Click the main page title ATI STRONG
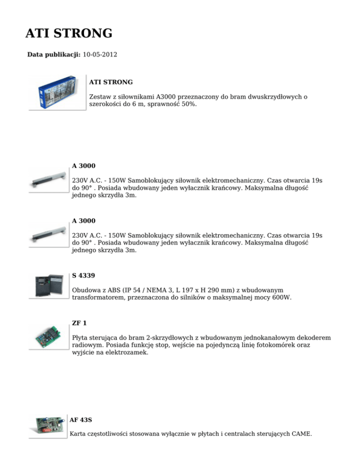click(x=68, y=34)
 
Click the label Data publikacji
click(x=54, y=55)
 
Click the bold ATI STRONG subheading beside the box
click(x=111, y=82)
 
